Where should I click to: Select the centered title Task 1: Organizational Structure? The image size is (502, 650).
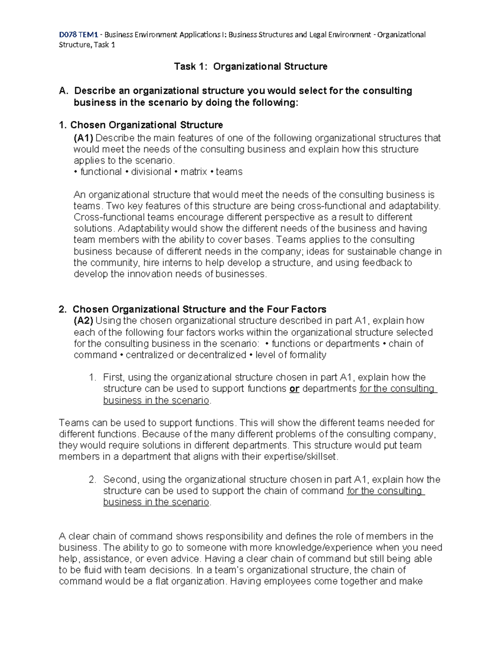click(251, 67)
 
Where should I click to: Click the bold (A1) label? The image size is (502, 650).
click(84, 138)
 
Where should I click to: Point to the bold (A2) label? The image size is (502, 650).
click(84, 321)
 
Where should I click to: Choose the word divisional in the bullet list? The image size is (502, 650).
click(151, 172)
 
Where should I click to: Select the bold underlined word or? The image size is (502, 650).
click(294, 389)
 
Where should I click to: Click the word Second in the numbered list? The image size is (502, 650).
click(120, 480)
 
